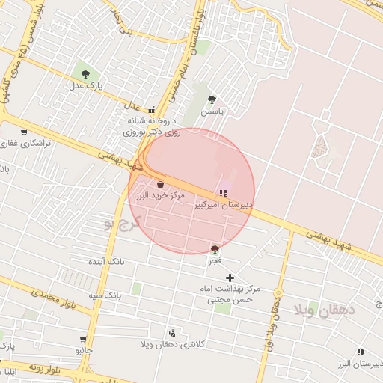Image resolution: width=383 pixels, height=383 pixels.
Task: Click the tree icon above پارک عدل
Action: pyautogui.click(x=85, y=74)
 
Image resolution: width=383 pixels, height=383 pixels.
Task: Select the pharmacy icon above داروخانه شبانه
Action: pyautogui.click(x=153, y=109)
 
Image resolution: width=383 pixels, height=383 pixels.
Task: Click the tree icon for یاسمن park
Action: pyautogui.click(x=212, y=99)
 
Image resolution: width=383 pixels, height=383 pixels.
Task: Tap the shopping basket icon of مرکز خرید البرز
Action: pyautogui.click(x=161, y=183)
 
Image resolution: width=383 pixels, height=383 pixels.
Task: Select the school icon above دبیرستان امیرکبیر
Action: pyautogui.click(x=224, y=192)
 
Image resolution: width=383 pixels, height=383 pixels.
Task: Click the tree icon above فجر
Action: pyautogui.click(x=215, y=249)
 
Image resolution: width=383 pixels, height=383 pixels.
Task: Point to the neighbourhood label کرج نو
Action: pyautogui.click(x=123, y=223)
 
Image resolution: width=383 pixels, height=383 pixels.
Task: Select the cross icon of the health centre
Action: pyautogui.click(x=230, y=278)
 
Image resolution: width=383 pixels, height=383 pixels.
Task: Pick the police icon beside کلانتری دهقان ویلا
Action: pyautogui.click(x=173, y=333)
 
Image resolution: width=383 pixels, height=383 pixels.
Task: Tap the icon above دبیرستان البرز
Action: pyautogui.click(x=361, y=352)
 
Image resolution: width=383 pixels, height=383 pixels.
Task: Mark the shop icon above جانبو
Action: pyautogui.click(x=83, y=339)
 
